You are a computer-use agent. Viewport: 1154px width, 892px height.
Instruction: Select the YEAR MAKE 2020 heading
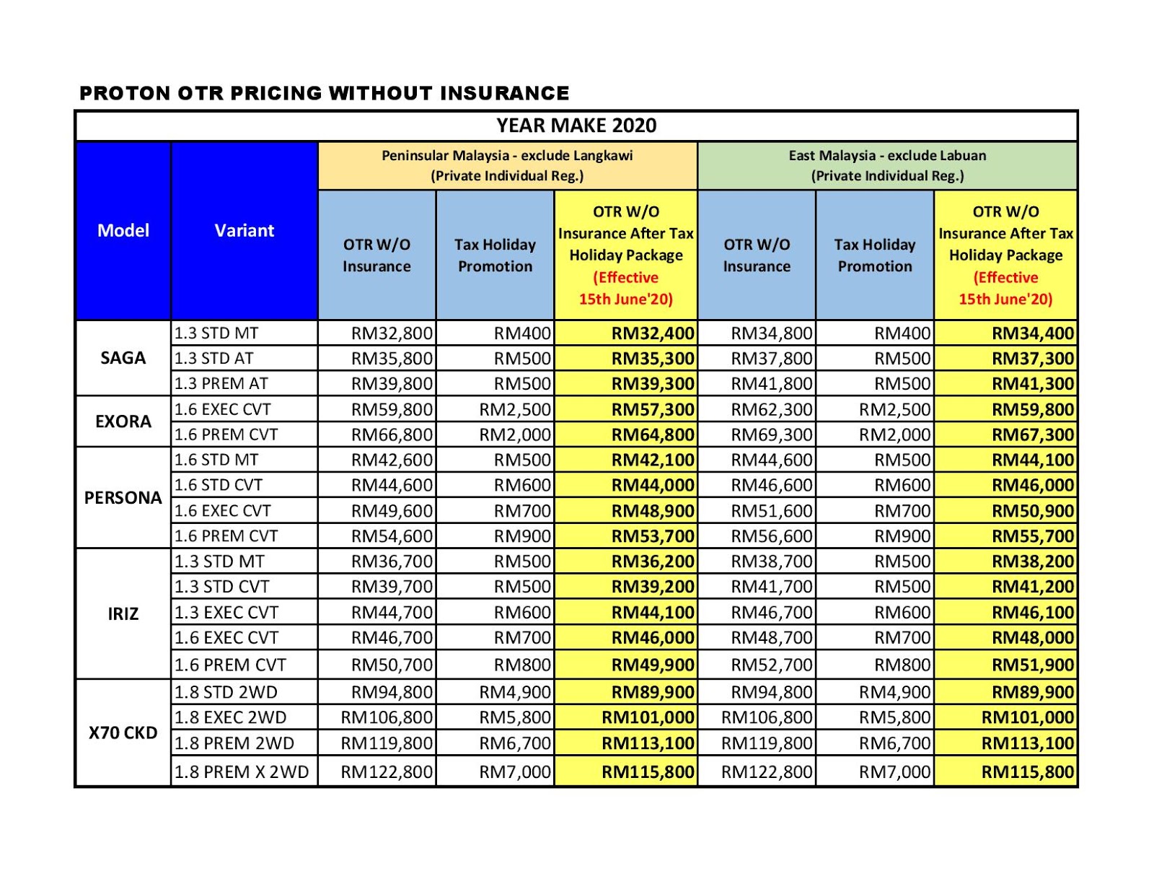[576, 126]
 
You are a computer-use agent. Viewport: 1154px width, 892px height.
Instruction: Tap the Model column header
[123, 230]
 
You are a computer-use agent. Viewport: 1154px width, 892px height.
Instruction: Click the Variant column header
[245, 230]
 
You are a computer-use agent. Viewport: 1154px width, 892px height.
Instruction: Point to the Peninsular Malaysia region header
[507, 165]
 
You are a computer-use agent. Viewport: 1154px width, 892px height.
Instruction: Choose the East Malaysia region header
[887, 165]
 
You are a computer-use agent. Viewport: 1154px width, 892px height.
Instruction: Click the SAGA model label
[123, 358]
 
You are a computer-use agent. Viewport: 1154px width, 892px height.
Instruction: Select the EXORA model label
[123, 421]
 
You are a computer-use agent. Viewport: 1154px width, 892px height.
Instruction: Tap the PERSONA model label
[123, 498]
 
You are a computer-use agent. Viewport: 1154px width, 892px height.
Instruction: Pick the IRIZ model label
[123, 613]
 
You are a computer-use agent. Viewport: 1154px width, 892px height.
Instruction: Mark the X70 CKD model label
[123, 733]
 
